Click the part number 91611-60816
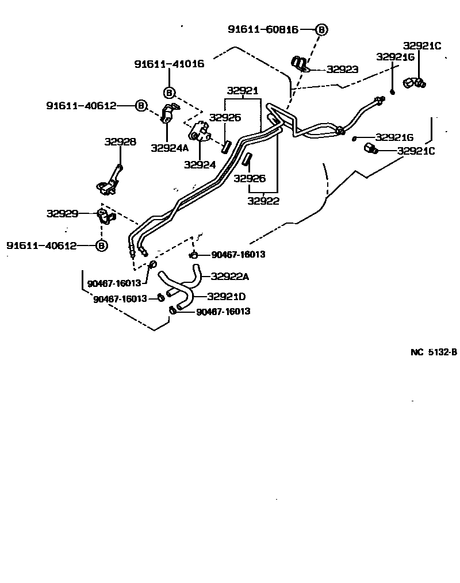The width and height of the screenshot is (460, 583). (x=263, y=29)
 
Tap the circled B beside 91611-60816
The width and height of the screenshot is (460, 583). (x=321, y=29)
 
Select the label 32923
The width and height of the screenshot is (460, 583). (x=342, y=70)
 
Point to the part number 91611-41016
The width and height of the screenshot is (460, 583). (x=169, y=64)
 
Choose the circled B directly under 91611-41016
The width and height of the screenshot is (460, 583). (x=169, y=92)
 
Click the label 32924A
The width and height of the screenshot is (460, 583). (x=170, y=148)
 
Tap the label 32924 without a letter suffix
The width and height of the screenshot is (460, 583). (x=200, y=164)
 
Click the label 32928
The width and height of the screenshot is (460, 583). (x=120, y=141)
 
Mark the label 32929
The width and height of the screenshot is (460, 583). (x=62, y=213)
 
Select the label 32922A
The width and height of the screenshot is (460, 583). (x=229, y=277)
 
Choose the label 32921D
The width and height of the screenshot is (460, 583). (x=226, y=297)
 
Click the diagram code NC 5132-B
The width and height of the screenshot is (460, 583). (x=434, y=352)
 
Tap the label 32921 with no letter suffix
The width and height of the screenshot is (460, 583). (x=242, y=91)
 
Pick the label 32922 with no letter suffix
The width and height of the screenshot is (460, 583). (x=263, y=201)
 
